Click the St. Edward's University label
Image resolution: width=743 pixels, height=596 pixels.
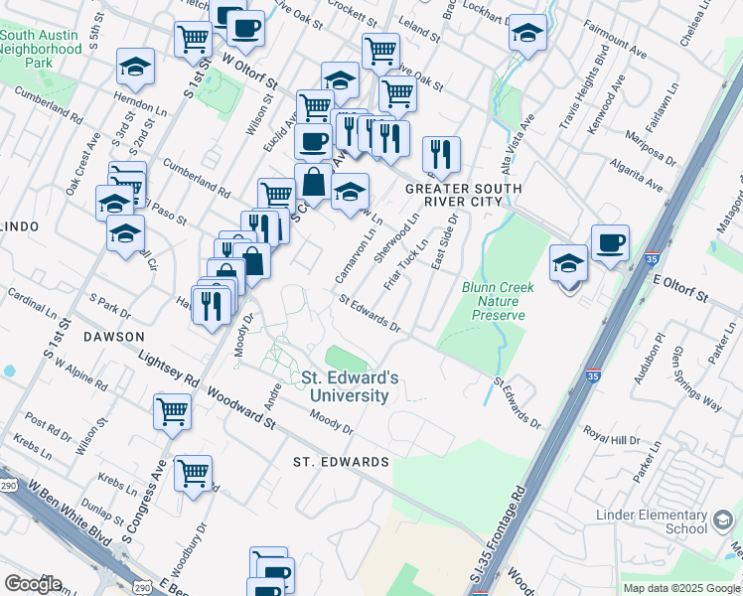350,386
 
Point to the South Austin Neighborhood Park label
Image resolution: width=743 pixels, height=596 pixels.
41,48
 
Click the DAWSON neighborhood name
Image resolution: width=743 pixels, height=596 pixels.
113,337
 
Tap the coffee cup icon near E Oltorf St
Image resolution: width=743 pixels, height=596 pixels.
610,241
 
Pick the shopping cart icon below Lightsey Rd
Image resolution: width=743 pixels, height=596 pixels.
172,410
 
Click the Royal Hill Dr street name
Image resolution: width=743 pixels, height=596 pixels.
610,434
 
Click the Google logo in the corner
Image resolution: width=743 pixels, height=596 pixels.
33,584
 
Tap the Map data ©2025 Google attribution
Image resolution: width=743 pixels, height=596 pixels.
681,588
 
